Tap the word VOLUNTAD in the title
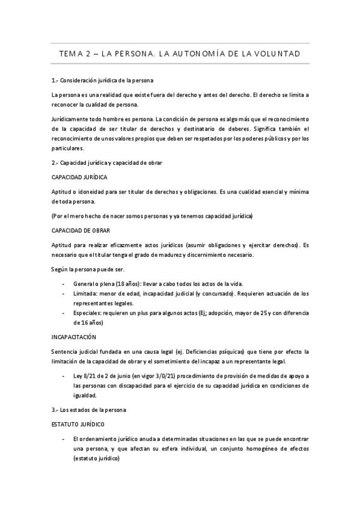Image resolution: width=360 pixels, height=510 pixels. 277,54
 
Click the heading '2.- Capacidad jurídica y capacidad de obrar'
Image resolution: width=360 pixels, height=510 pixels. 106,162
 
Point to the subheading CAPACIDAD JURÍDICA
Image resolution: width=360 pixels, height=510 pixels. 79,177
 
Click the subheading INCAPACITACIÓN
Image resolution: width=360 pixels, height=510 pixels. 75,337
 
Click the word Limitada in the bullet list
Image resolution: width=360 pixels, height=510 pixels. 84,293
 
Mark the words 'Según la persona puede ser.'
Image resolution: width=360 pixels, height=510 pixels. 87,269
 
